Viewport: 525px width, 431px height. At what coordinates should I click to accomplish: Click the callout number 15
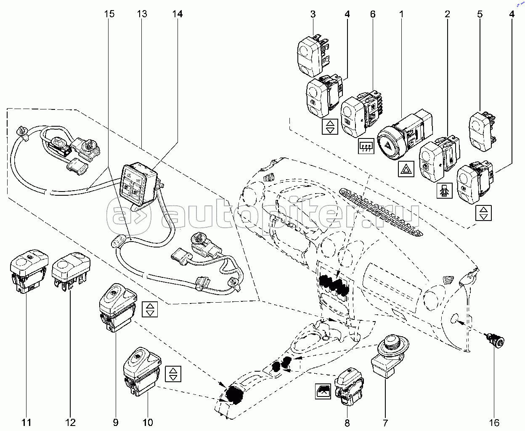[x=109, y=14]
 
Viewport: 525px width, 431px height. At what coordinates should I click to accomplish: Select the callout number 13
[x=142, y=14]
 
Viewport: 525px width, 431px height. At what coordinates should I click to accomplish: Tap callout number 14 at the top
[x=178, y=14]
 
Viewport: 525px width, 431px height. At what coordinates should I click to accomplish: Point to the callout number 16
[x=494, y=422]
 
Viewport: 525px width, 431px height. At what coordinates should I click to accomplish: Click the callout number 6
[x=373, y=14]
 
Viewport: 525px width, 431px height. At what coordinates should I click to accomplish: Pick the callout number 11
[x=27, y=422]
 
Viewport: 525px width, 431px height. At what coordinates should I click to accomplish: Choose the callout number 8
[x=347, y=422]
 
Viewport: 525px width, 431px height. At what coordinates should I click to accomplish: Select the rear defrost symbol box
[x=366, y=146]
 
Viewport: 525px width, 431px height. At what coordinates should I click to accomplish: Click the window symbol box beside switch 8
[x=323, y=391]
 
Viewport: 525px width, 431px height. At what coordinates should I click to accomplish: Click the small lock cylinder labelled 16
[x=500, y=342]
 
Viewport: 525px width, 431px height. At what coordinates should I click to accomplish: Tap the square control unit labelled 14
[x=138, y=181]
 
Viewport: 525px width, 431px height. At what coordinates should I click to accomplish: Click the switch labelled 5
[x=481, y=130]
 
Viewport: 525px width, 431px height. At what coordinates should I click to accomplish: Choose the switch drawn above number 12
[x=71, y=270]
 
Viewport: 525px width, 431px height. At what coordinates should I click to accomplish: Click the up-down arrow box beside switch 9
[x=150, y=309]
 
